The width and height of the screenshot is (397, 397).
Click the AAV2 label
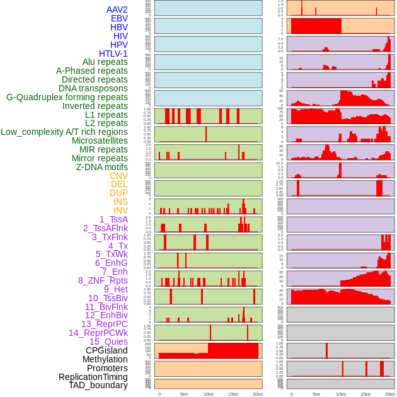[117, 9]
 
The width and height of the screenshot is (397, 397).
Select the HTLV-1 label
[113, 54]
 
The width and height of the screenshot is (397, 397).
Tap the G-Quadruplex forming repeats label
[67, 97]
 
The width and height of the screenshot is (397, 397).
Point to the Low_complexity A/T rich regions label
[64, 132]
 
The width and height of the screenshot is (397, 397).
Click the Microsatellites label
[100, 141]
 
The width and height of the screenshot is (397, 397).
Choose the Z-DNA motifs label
[102, 167]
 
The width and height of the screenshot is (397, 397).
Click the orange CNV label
[118, 176]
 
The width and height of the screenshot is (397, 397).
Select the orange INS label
[120, 202]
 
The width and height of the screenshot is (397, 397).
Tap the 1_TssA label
[113, 219]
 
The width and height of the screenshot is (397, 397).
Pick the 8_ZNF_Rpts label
[103, 280]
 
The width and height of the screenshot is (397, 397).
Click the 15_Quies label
[108, 342]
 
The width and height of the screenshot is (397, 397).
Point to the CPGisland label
[106, 350]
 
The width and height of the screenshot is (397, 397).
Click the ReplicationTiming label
[93, 377]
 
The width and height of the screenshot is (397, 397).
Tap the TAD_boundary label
[98, 385]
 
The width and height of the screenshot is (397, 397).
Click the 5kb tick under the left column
[184, 394]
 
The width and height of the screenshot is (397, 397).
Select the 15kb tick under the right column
[365, 394]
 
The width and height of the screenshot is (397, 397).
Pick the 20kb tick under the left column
[258, 394]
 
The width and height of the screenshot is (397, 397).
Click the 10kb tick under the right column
[341, 394]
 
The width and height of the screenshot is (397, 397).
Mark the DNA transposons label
[93, 88]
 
